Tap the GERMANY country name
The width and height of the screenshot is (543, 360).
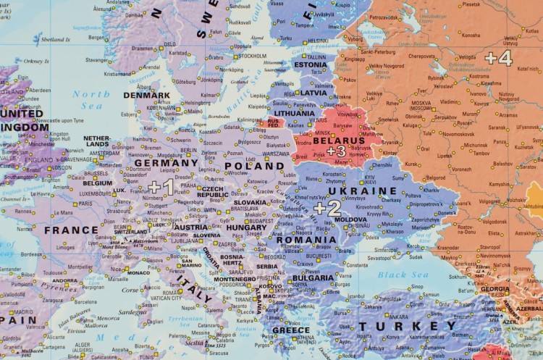pos(166,164)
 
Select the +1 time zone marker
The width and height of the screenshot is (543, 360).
pos(161,188)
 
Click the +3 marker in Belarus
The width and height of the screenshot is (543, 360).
pos(336,151)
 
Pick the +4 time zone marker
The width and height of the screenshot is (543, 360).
pos(498,57)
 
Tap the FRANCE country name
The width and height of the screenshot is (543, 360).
pos(71,230)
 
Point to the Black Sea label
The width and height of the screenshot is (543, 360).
pos(403,275)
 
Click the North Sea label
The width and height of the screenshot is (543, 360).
pos(90,94)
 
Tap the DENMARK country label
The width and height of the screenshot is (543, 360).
pos(147,95)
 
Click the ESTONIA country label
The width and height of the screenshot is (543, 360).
pos(311,64)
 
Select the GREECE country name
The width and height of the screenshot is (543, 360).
pos(290,330)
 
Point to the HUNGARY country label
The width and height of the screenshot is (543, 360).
pos(247,227)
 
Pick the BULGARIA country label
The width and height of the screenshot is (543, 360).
pos(312,277)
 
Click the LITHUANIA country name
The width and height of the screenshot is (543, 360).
pos(294,113)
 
